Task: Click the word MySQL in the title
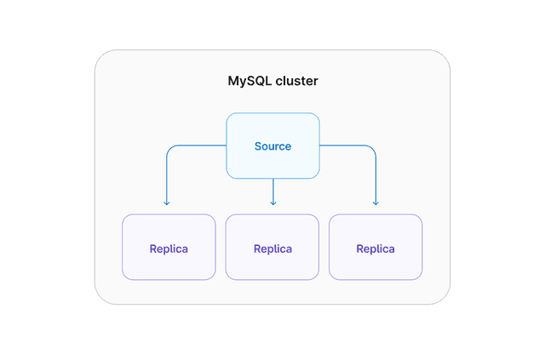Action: (x=249, y=82)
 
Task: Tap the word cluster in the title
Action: (x=295, y=82)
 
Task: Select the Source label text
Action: (x=272, y=146)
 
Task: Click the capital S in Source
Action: (x=258, y=146)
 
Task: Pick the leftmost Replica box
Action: (x=169, y=247)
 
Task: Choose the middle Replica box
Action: (x=272, y=247)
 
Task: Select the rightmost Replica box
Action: (x=376, y=247)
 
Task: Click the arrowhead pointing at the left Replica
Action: (x=167, y=203)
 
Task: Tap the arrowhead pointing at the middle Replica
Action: (x=273, y=203)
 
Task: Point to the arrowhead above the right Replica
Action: (x=376, y=203)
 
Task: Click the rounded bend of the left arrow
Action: (x=169, y=148)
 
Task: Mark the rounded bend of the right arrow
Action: (x=373, y=148)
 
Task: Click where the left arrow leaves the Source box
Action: (x=226, y=146)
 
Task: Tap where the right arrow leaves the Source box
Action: (x=320, y=146)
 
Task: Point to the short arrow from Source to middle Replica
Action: (x=273, y=191)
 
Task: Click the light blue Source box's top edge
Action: (x=272, y=113)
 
